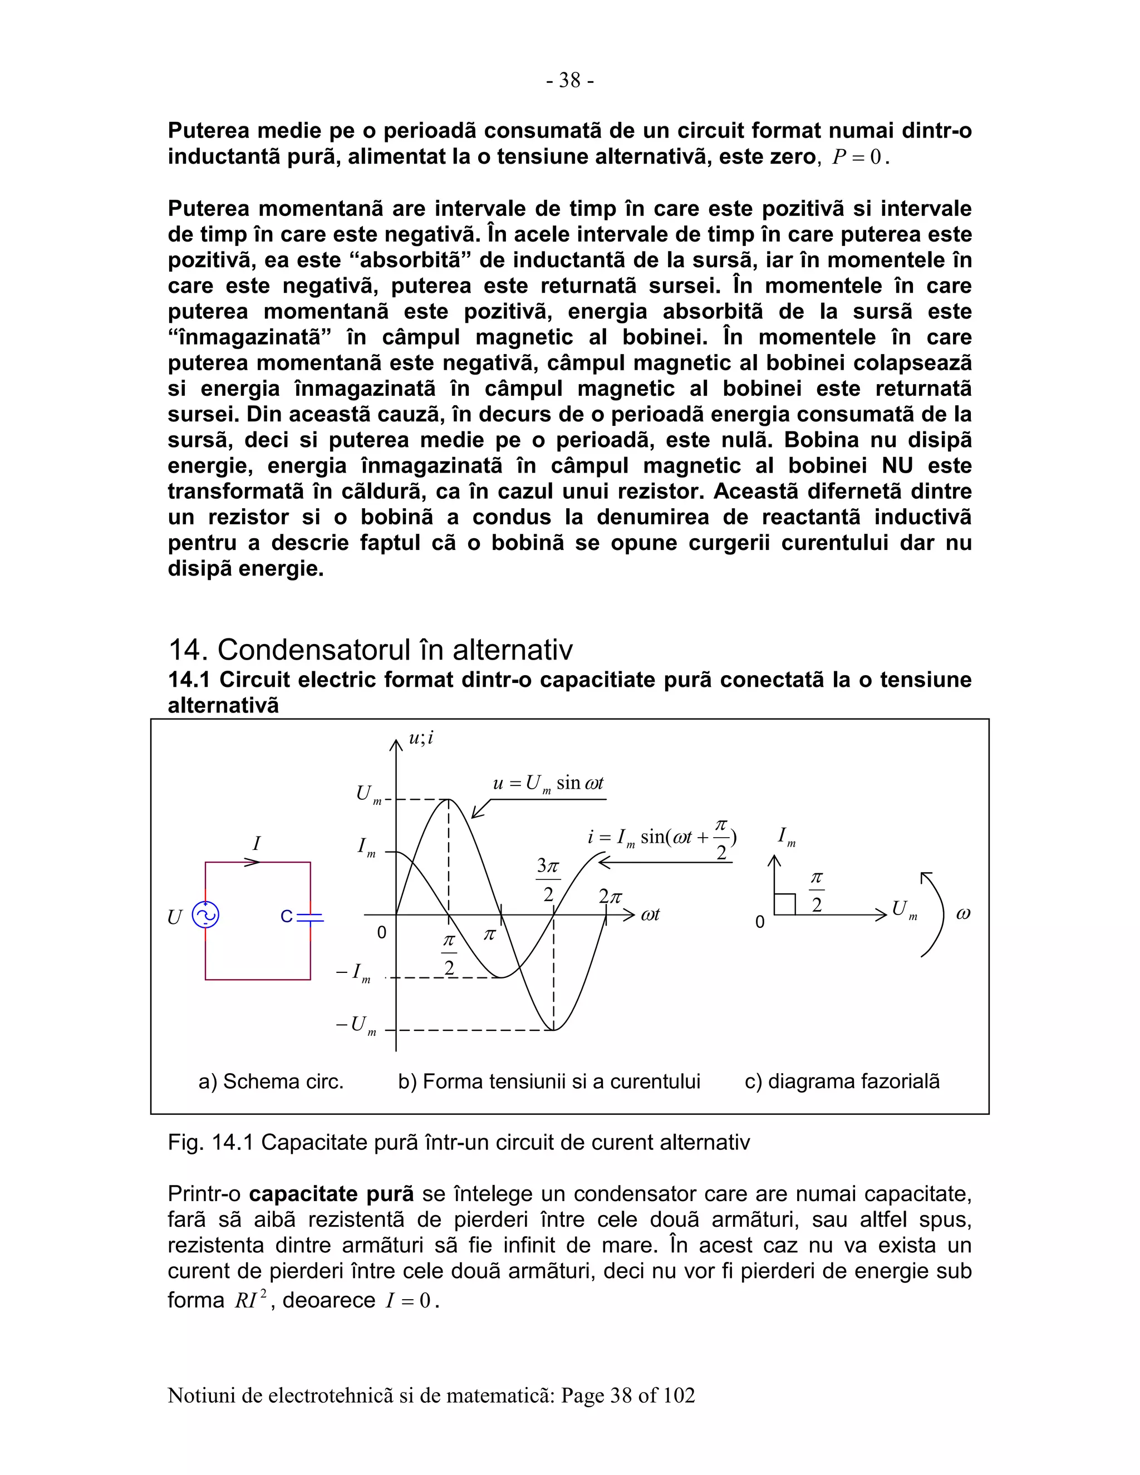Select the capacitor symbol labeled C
(310, 917)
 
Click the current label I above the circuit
(256, 843)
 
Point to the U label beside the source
(174, 917)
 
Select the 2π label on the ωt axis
(610, 897)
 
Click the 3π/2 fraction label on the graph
(548, 879)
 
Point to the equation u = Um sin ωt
(548, 784)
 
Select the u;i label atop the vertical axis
(421, 738)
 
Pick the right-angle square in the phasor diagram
(785, 904)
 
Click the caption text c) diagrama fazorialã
(842, 1081)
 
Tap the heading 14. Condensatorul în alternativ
(370, 650)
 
